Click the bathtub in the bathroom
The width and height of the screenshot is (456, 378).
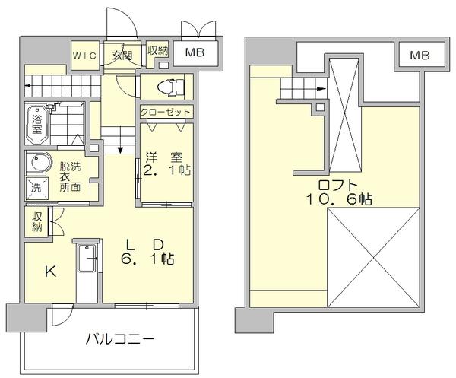(x=36, y=122)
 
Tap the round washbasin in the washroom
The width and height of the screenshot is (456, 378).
(x=36, y=164)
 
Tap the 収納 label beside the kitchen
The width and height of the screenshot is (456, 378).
(x=36, y=221)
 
